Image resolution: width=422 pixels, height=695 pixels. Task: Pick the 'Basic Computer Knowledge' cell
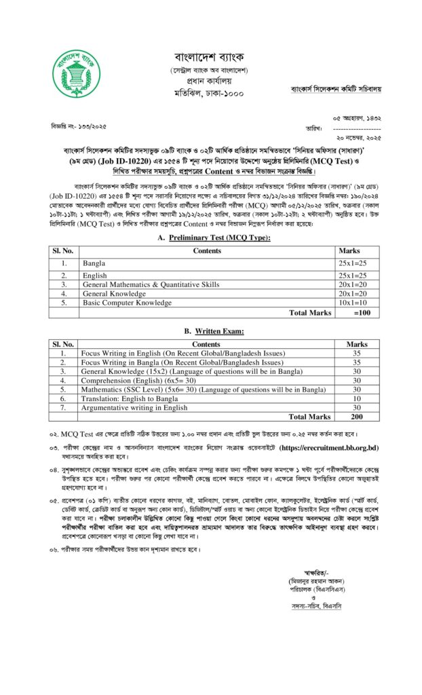coord(127,303)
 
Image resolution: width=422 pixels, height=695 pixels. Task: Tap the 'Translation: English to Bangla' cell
coord(129,398)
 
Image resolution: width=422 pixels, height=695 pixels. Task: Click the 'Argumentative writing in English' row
coord(134,408)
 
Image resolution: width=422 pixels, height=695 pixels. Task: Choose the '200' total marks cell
coord(357,417)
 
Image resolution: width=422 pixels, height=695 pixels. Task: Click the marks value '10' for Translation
coord(357,398)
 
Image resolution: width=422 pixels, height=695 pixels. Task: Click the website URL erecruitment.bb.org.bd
coord(328,449)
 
